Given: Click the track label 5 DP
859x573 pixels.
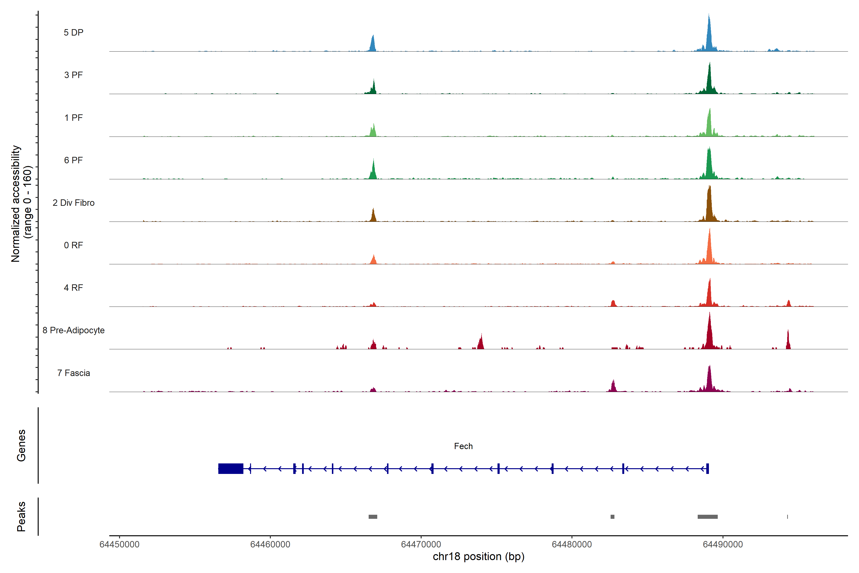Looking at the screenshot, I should click(x=73, y=32).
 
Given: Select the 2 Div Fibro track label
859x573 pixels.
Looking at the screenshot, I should click(x=73, y=203).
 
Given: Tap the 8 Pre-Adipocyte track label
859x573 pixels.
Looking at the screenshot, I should click(x=73, y=330).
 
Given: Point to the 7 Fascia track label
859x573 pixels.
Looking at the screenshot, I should click(x=73, y=373).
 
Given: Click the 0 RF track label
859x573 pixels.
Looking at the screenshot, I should click(x=73, y=245).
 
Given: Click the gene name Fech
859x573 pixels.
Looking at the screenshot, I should click(x=463, y=446).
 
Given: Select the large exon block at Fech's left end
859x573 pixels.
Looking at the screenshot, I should click(x=230, y=468).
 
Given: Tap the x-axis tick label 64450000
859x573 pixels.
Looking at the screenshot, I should click(x=120, y=545).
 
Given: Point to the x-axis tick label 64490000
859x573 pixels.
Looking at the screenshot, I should click(x=723, y=545).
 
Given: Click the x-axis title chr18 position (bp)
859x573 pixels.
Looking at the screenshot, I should click(x=478, y=557).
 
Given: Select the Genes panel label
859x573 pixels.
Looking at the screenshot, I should click(x=21, y=446).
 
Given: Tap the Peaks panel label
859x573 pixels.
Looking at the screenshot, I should click(x=21, y=516).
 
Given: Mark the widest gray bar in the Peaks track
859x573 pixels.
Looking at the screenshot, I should click(x=707, y=517).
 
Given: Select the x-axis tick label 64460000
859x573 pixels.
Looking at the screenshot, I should click(x=270, y=545).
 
